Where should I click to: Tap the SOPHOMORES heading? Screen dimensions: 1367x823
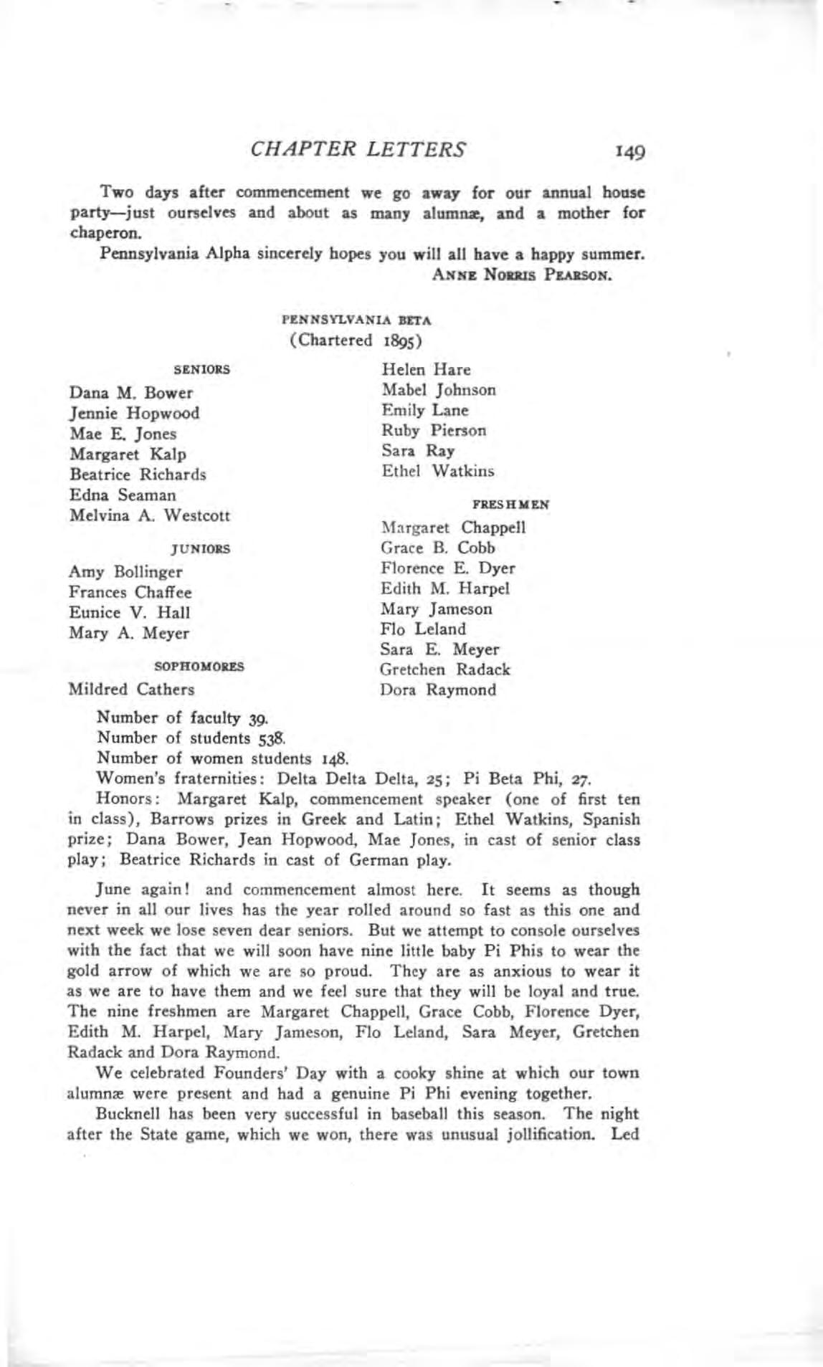199,667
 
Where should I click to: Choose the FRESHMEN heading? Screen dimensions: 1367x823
511,505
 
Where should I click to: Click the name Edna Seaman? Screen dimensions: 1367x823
123,495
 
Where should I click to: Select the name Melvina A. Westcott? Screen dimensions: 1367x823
150,515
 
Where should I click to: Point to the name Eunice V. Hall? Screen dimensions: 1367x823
130,613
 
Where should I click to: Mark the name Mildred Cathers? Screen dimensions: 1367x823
131,690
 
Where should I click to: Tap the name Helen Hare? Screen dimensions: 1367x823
426,370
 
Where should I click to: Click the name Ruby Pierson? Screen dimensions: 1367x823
434,431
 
